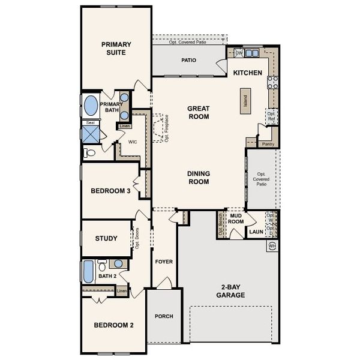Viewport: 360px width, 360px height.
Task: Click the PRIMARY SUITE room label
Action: pyautogui.click(x=116, y=48)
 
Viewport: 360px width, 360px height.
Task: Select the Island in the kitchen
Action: pyautogui.click(x=245, y=98)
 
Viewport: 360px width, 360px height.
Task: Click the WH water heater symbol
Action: pyautogui.click(x=272, y=247)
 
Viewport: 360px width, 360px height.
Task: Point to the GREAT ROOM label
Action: pyautogui.click(x=198, y=113)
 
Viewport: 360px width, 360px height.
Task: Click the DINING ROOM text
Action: pyautogui.click(x=198, y=178)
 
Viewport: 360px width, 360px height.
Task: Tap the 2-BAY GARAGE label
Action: pyautogui.click(x=230, y=291)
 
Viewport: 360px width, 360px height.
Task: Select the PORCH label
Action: pyautogui.click(x=164, y=316)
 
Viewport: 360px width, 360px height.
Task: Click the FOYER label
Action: pyautogui.click(x=164, y=262)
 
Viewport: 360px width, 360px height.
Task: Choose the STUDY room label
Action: pyautogui.click(x=106, y=238)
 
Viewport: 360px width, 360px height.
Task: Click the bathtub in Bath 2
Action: pyautogui.click(x=88, y=272)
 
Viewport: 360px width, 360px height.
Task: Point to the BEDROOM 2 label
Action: pyautogui.click(x=113, y=325)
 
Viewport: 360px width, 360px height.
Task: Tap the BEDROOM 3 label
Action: pyautogui.click(x=110, y=191)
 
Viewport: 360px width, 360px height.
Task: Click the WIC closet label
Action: pyautogui.click(x=133, y=142)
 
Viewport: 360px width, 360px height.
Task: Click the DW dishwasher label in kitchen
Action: pyautogui.click(x=239, y=53)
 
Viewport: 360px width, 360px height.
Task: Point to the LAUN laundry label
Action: pyautogui.click(x=256, y=231)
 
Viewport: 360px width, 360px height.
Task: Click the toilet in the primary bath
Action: pyautogui.click(x=90, y=153)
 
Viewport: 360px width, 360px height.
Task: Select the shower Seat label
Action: pyautogui.click(x=90, y=122)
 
